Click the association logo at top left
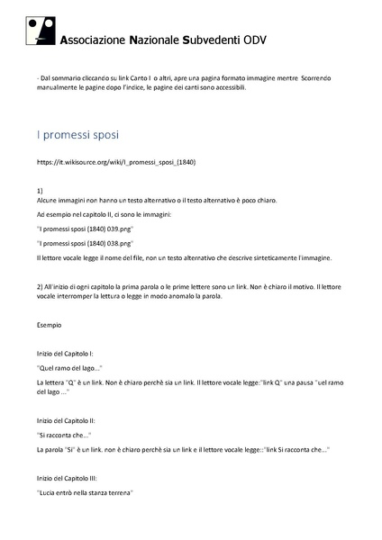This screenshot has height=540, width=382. tap(41, 32)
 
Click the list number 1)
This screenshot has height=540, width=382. tap(40, 192)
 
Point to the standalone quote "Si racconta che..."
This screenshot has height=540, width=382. tap(68, 435)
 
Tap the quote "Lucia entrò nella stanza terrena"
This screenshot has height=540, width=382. tap(85, 493)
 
